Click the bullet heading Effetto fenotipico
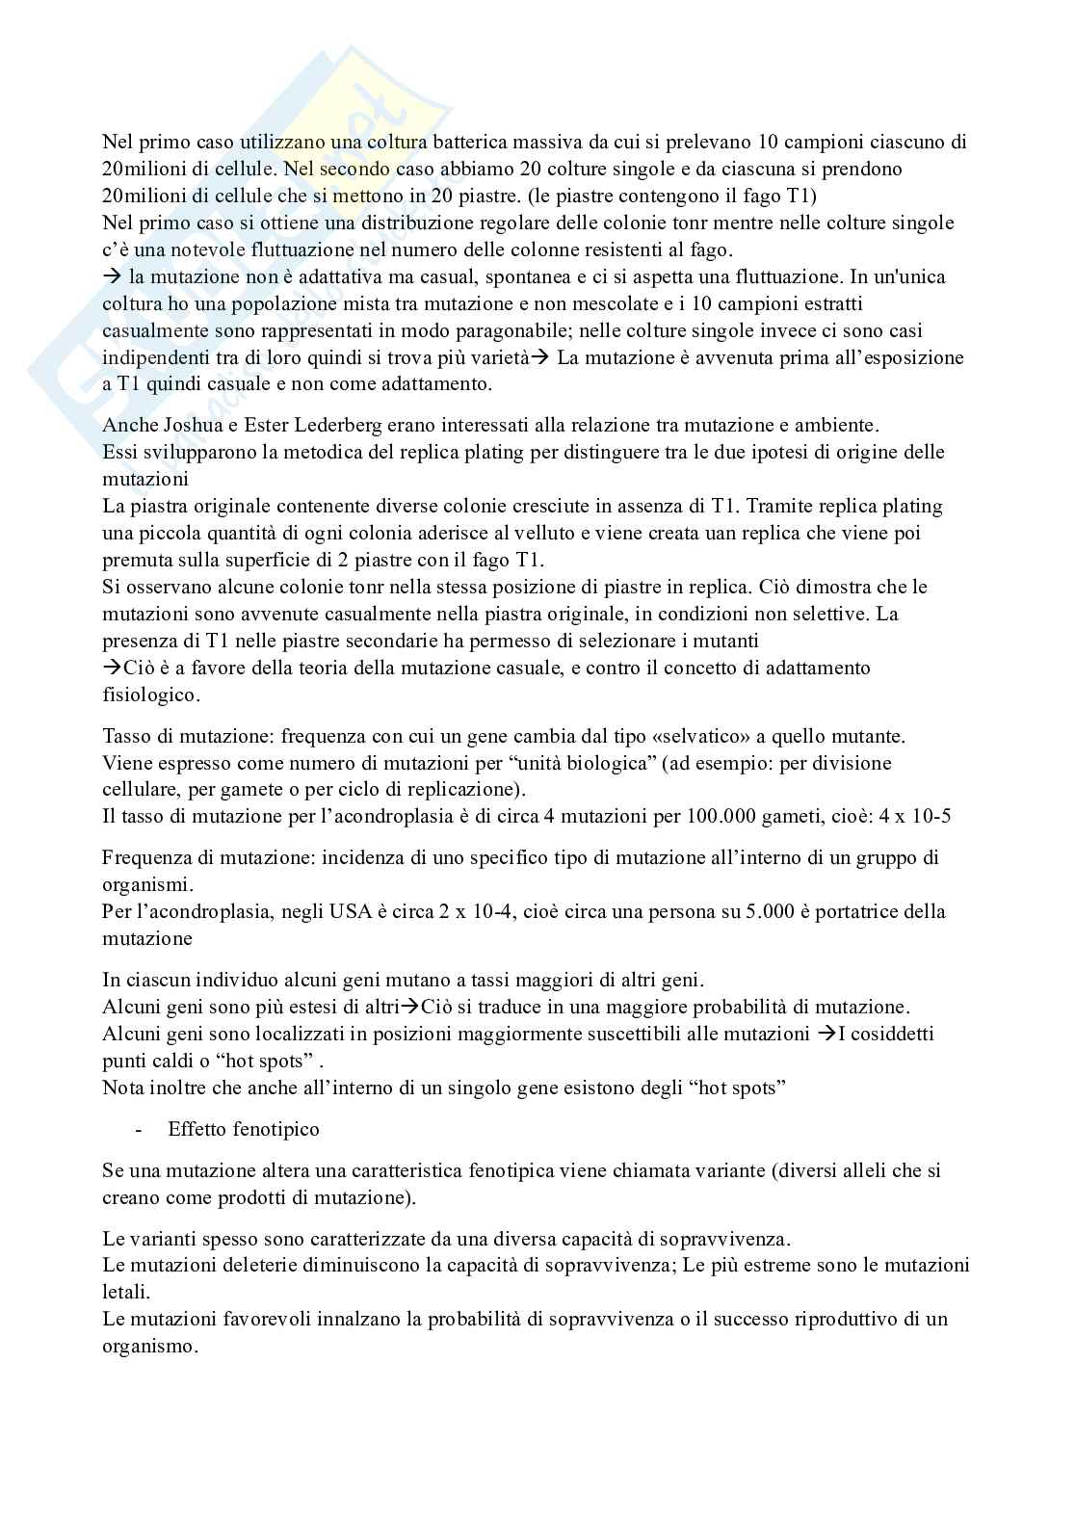point(244,1129)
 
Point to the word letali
point(126,1291)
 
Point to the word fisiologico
point(150,695)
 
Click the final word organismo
point(147,1346)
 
